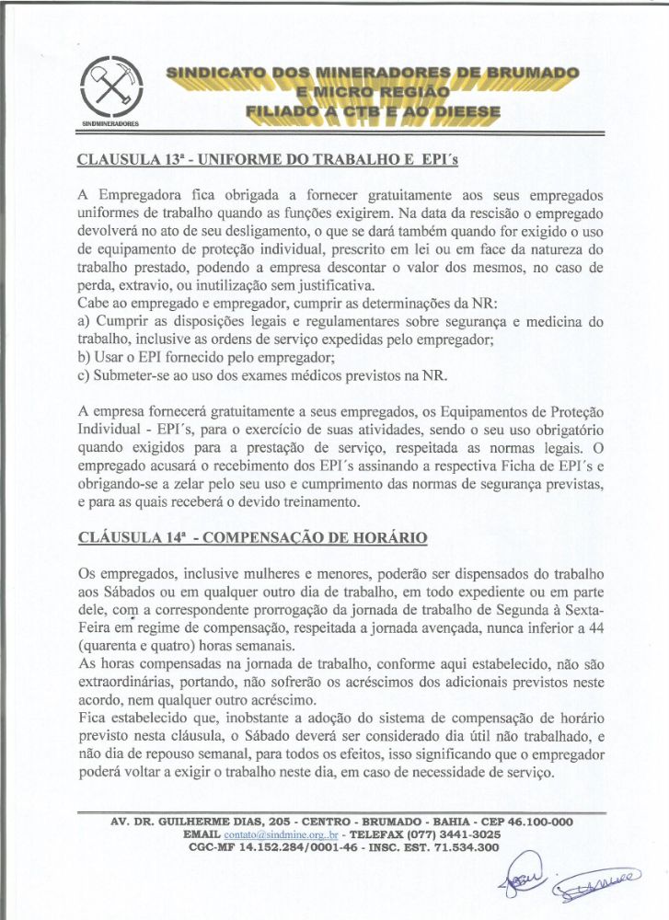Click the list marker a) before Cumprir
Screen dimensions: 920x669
click(84, 321)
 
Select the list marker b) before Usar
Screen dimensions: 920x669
click(85, 357)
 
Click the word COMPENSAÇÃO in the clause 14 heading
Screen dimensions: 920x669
click(276, 536)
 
